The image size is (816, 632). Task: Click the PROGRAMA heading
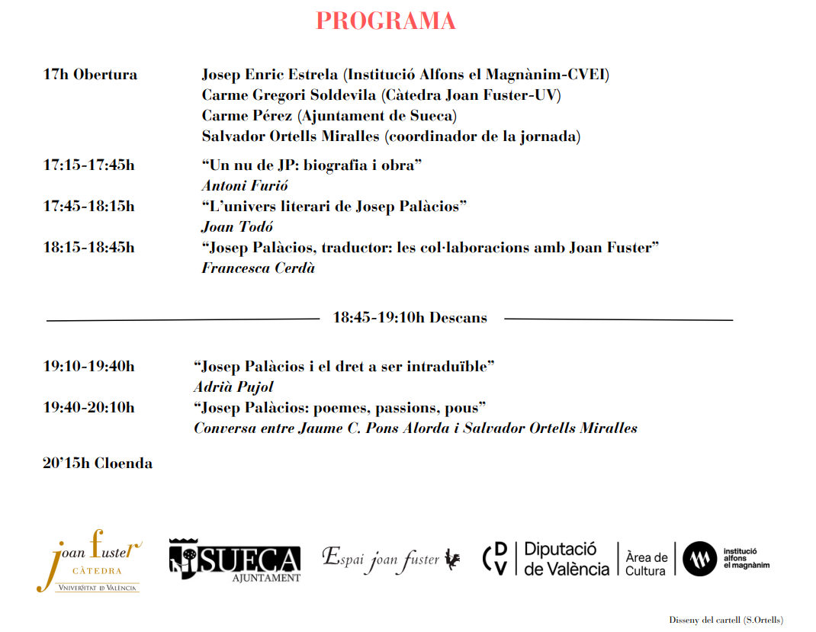pos(385,21)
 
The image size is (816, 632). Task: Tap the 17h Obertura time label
pos(90,75)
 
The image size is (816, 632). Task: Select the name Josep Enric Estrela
pos(270,75)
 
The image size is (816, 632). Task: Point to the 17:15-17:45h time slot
pos(88,165)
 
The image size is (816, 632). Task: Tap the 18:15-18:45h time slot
pos(88,247)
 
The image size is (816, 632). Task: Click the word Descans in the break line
pos(458,318)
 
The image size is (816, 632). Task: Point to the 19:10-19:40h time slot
pos(88,366)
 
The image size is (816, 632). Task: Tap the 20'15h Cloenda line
pos(98,464)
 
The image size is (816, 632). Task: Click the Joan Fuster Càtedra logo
pos(88,560)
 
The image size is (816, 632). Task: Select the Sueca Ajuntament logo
pos(234,560)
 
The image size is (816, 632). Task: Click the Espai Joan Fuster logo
pos(391,560)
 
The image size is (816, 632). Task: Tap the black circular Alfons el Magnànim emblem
pos(700,560)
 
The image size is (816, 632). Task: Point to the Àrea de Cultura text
pos(646,563)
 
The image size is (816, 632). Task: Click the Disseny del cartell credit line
pos(726,620)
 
